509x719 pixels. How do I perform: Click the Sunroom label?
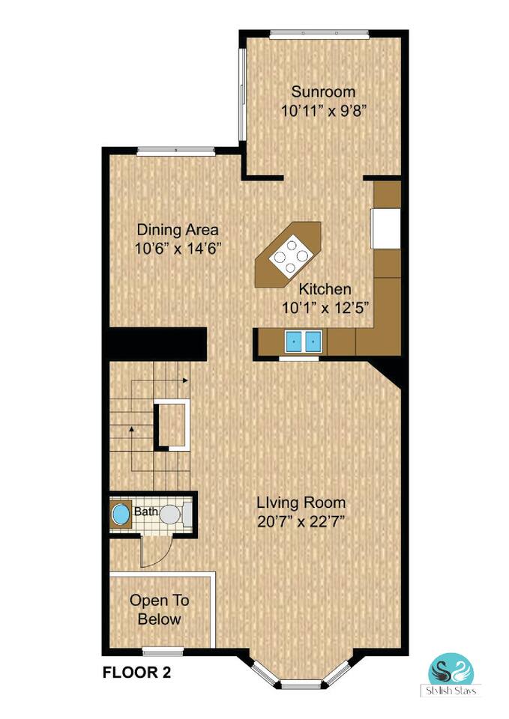(x=323, y=91)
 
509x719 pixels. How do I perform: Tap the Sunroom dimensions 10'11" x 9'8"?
(x=323, y=111)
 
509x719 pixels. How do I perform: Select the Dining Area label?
(x=178, y=229)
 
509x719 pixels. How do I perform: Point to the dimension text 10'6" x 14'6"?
(x=178, y=249)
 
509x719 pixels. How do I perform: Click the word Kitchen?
(x=325, y=289)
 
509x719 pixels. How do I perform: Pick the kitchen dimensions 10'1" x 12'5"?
(x=325, y=308)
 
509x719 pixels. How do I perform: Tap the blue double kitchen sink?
(x=304, y=342)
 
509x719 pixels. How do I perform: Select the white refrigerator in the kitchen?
(x=385, y=228)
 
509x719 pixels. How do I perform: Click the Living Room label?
(x=301, y=503)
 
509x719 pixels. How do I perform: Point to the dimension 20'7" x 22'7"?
(x=301, y=522)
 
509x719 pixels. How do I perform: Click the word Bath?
(x=146, y=512)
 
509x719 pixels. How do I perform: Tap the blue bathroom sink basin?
(x=121, y=514)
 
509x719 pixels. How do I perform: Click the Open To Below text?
(x=159, y=610)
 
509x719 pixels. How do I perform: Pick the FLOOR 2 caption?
(x=136, y=673)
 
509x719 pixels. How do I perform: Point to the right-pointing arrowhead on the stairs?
(x=185, y=380)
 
